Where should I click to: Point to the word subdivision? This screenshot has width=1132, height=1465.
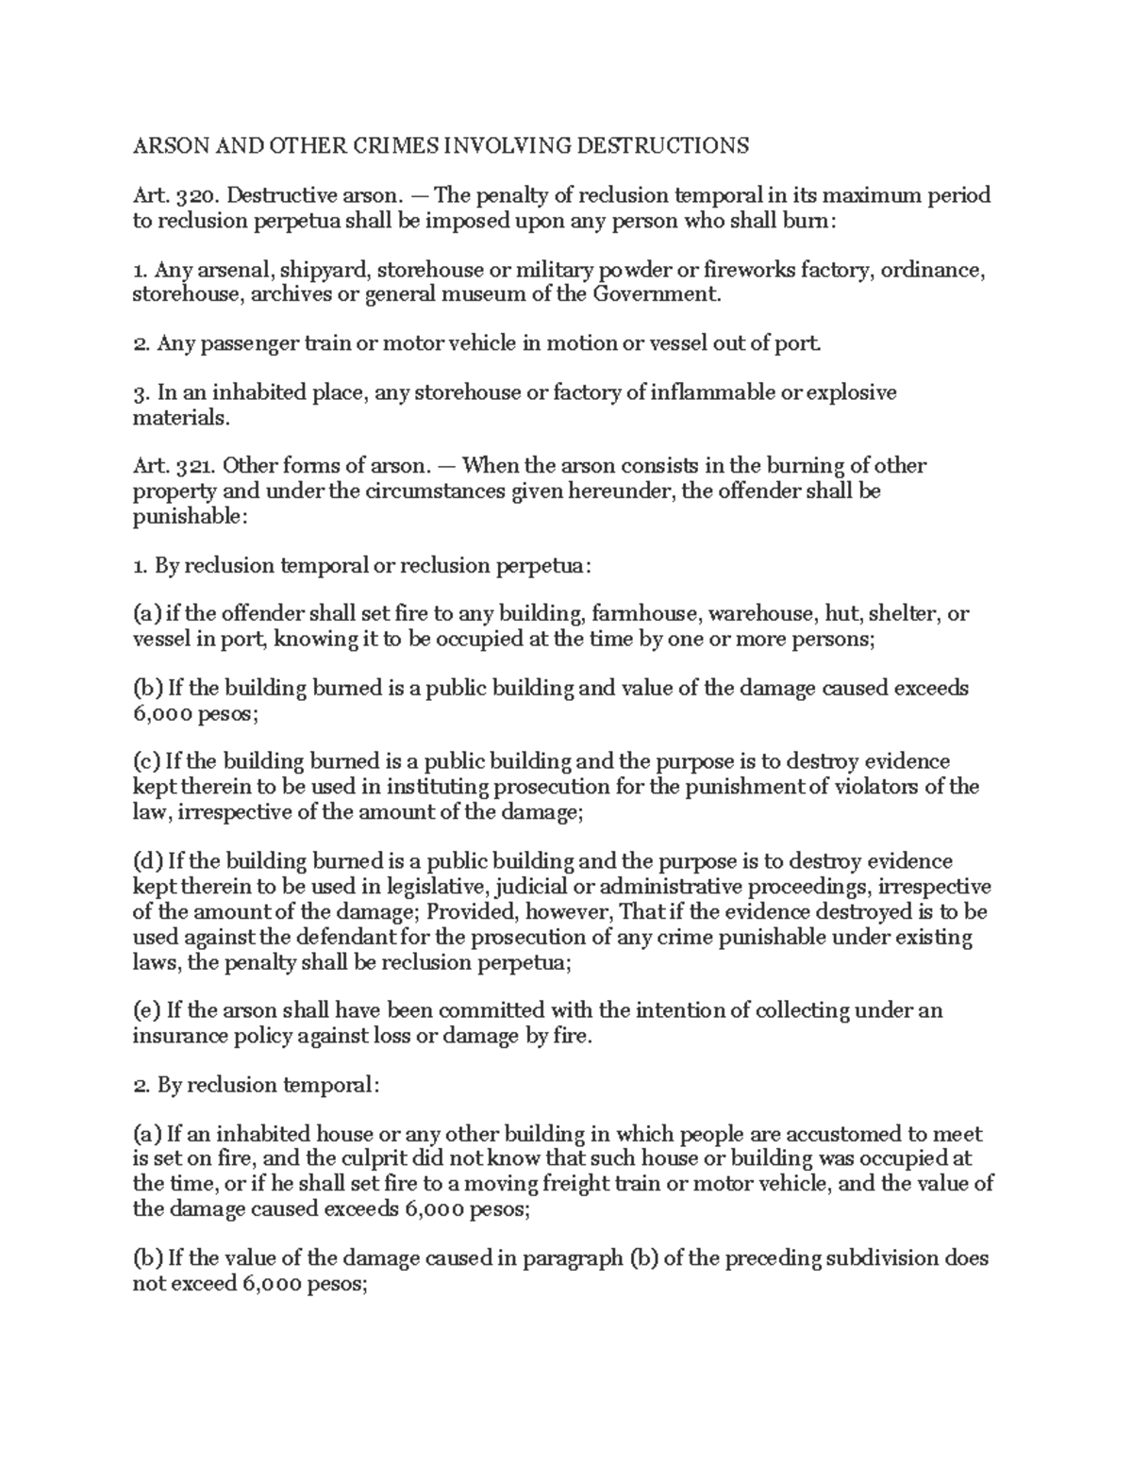pos(883,1258)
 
